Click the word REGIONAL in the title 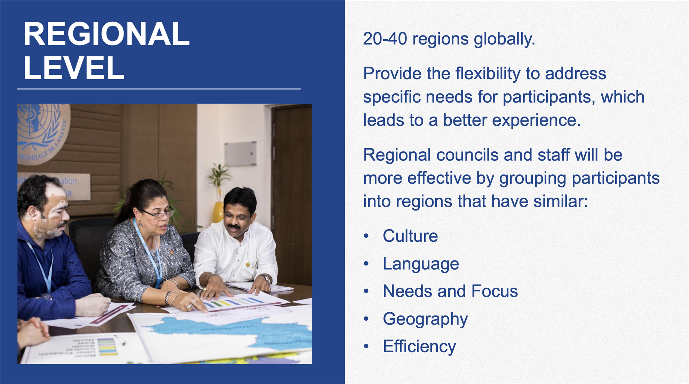106,34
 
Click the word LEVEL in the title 74,68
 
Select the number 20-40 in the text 385,39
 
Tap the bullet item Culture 410,236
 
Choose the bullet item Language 421,264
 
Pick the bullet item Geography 425,319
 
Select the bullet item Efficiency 419,346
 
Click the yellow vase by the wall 218,212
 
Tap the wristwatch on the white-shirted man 267,279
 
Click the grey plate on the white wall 240,153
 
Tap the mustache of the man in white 233,227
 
